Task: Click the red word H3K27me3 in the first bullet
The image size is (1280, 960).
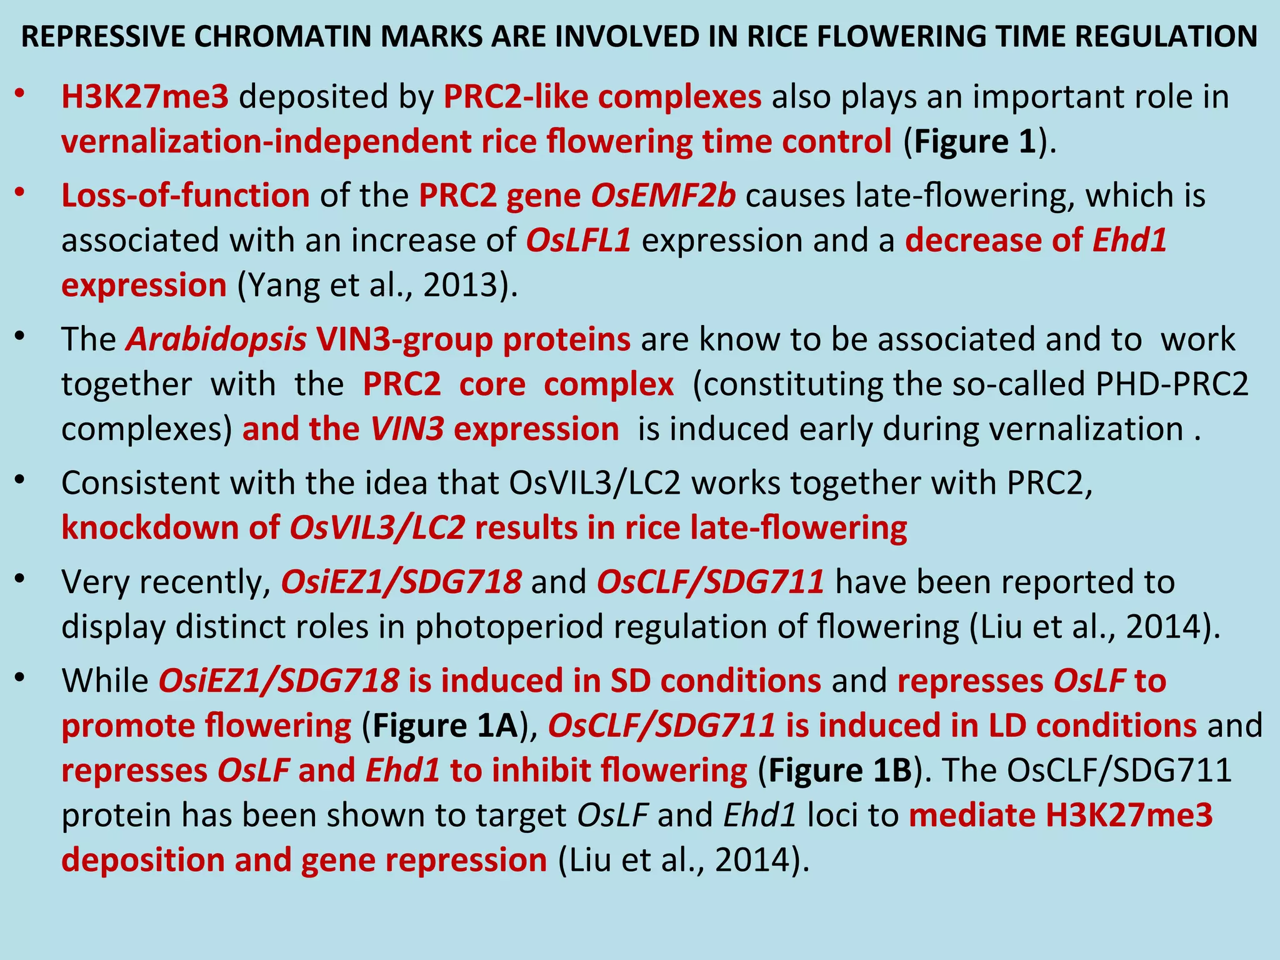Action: pyautogui.click(x=145, y=97)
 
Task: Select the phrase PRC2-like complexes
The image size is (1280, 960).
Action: pyautogui.click(x=602, y=97)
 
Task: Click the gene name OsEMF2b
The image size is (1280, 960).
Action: pyautogui.click(x=663, y=196)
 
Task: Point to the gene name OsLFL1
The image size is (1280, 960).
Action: pyautogui.click(x=578, y=241)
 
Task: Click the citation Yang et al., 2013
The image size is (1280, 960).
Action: pyautogui.click(x=377, y=286)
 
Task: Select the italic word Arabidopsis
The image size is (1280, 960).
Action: pyautogui.click(x=216, y=339)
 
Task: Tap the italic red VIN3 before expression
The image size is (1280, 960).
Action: pyautogui.click(x=407, y=429)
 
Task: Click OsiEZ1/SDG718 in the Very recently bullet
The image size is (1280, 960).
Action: pyautogui.click(x=401, y=582)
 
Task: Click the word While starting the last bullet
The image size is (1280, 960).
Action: pyautogui.click(x=105, y=681)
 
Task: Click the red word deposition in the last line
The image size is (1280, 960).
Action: pyautogui.click(x=142, y=861)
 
